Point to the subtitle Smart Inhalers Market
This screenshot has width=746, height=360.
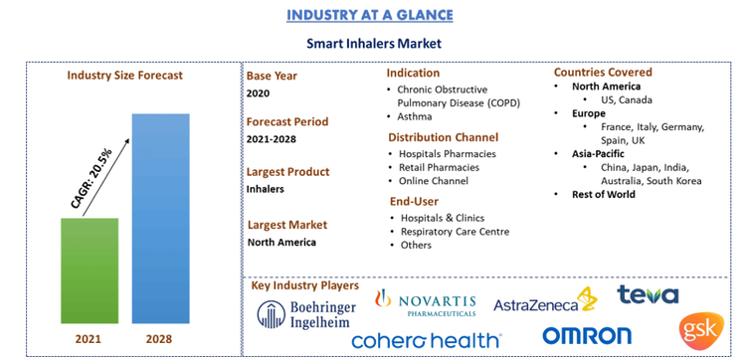click(373, 45)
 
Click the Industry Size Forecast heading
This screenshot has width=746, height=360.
click(124, 75)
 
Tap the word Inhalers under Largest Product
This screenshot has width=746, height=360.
click(266, 188)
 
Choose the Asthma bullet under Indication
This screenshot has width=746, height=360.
click(417, 116)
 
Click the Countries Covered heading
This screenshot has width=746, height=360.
click(603, 73)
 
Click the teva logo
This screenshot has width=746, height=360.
click(648, 295)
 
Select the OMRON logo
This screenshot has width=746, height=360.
click(587, 336)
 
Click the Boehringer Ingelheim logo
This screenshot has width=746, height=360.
click(304, 313)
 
